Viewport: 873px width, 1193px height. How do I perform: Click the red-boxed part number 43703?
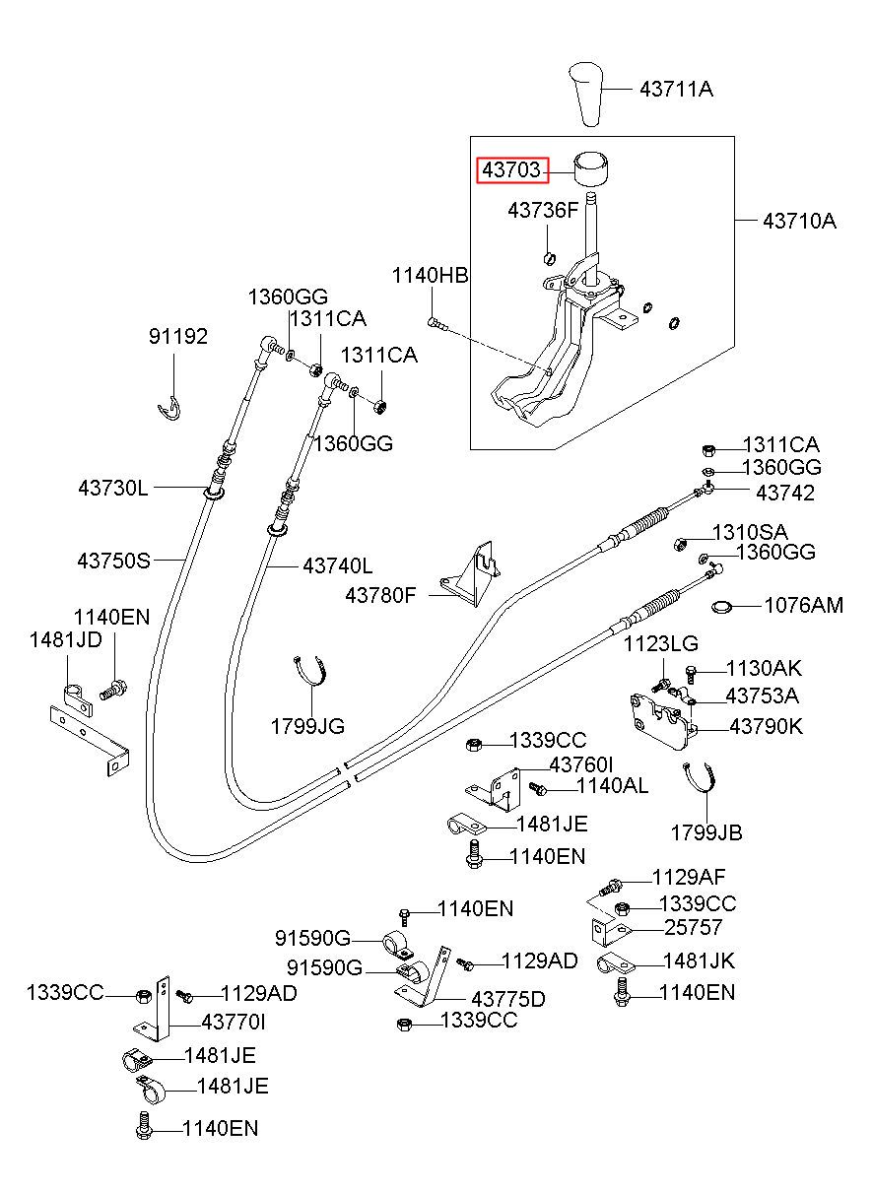pyautogui.click(x=511, y=169)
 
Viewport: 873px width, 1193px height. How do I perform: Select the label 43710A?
pyautogui.click(x=799, y=220)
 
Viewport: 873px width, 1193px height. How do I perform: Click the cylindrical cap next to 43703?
pyautogui.click(x=592, y=168)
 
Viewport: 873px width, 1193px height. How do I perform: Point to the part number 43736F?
pyautogui.click(x=543, y=211)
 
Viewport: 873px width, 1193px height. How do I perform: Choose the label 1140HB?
pyautogui.click(x=431, y=276)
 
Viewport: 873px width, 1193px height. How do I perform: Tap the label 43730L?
pyautogui.click(x=113, y=488)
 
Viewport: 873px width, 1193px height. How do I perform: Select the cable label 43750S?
pyautogui.click(x=114, y=561)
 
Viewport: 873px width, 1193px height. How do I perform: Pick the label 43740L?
pyautogui.click(x=338, y=565)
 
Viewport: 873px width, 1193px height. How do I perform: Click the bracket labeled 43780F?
pyautogui.click(x=470, y=574)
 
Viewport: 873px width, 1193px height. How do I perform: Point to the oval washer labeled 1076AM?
pyautogui.click(x=721, y=606)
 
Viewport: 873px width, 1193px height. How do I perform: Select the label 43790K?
pyautogui.click(x=766, y=726)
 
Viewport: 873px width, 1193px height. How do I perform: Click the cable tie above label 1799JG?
pyautogui.click(x=310, y=671)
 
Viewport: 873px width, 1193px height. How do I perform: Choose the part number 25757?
pyautogui.click(x=693, y=927)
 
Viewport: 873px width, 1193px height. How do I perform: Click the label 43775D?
pyautogui.click(x=508, y=999)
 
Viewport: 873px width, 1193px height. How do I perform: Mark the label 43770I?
pyautogui.click(x=234, y=1022)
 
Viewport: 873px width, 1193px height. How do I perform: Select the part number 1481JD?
pyautogui.click(x=65, y=639)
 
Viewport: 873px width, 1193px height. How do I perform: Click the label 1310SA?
pyautogui.click(x=750, y=532)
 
